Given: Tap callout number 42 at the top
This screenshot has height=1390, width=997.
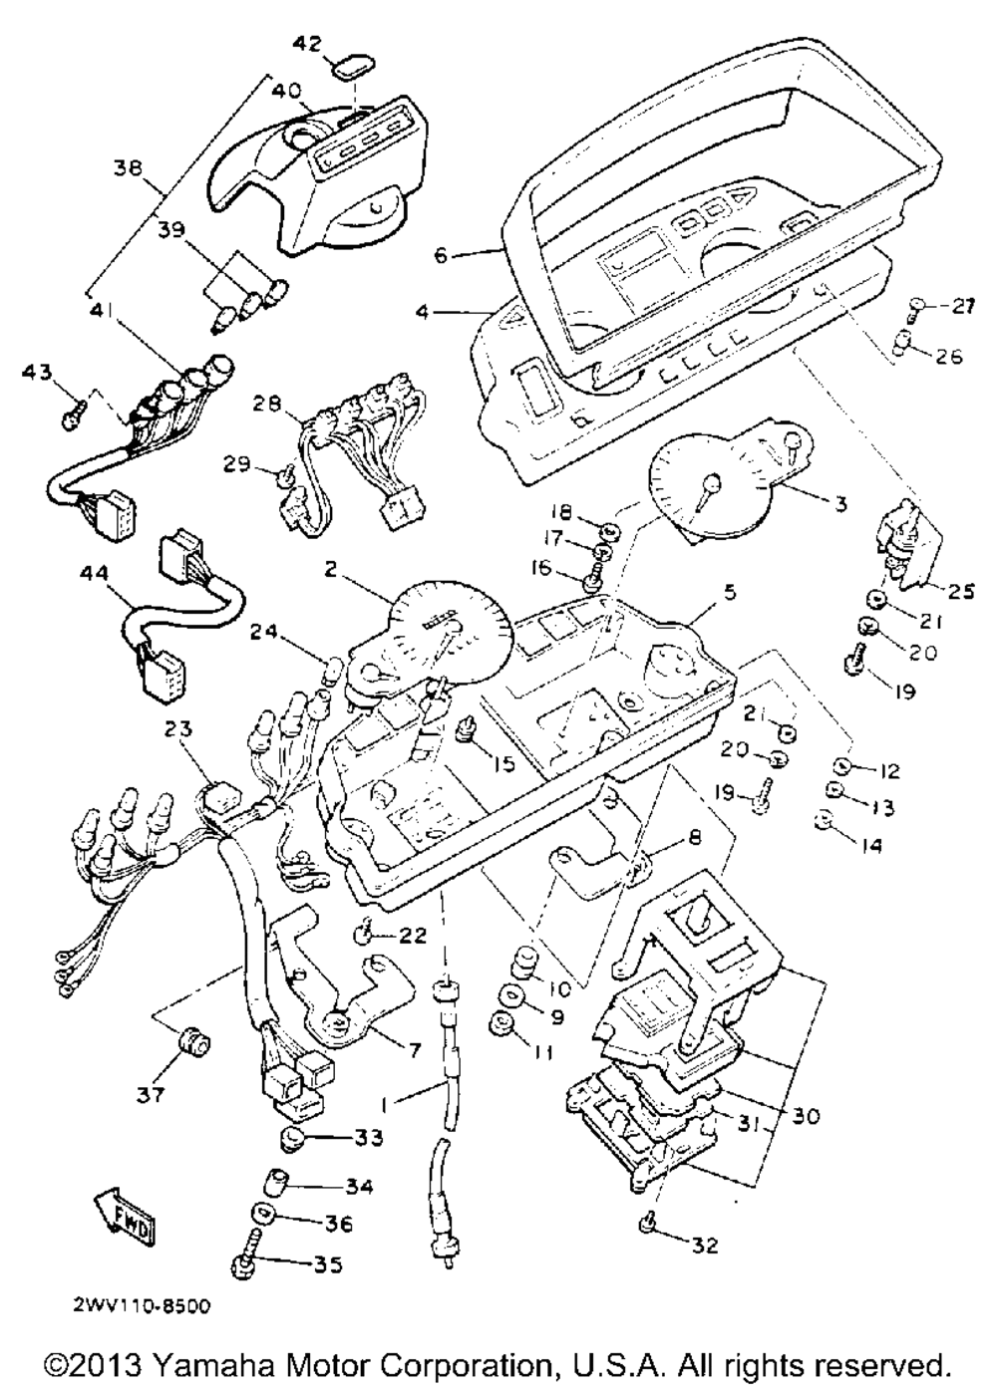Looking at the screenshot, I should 309,43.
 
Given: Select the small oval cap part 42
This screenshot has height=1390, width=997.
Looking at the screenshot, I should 348,71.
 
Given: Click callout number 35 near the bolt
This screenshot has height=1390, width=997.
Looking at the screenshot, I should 327,1264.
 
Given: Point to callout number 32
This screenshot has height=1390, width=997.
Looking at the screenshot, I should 704,1246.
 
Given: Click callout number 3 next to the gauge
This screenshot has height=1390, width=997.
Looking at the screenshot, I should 839,505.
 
